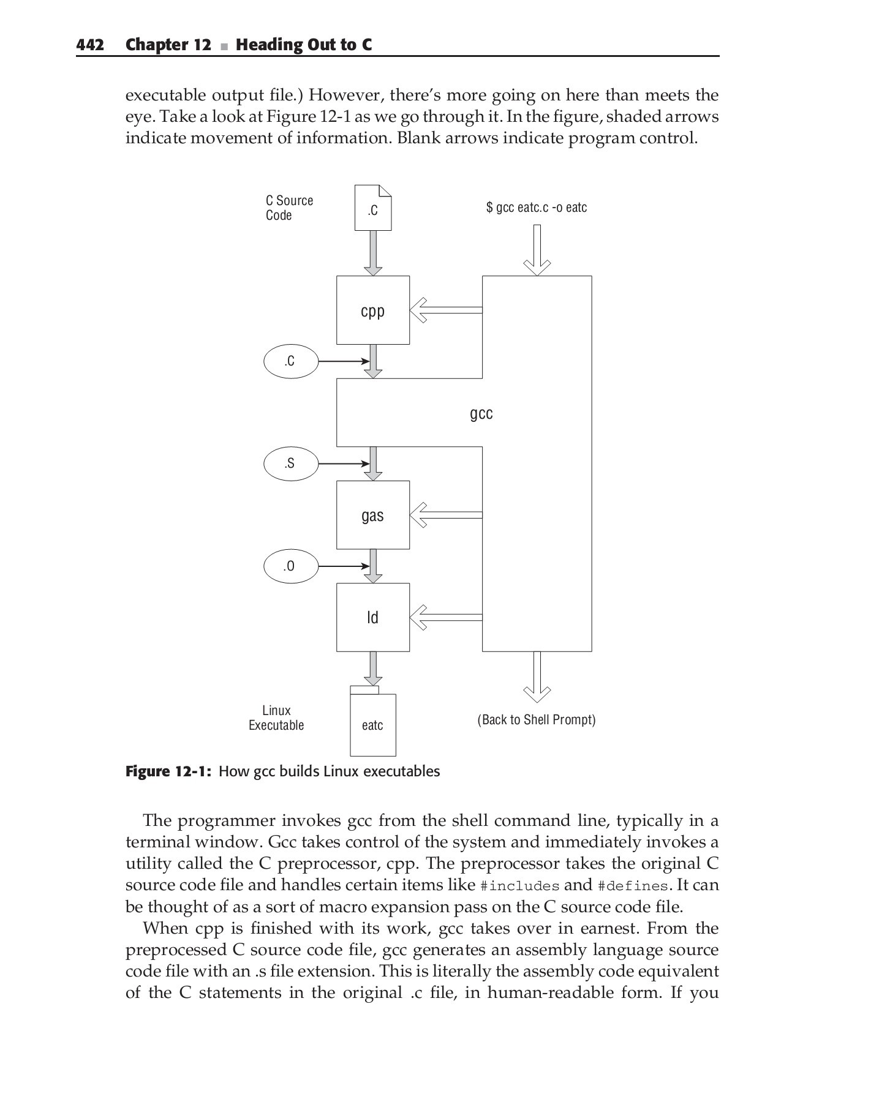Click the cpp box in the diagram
(372, 310)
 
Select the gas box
(372, 515)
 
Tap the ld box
(372, 617)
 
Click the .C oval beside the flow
(290, 361)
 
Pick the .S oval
(290, 463)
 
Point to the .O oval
(290, 566)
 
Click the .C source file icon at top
(372, 208)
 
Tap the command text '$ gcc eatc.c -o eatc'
(536, 208)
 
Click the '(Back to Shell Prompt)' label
(536, 719)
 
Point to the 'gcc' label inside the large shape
(481, 414)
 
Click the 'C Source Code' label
(289, 208)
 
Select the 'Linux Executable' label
(276, 718)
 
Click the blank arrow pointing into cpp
(446, 310)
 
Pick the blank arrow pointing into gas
(446, 515)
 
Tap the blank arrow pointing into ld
(446, 617)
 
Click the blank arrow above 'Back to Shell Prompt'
(537, 677)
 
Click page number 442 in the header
(90, 45)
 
